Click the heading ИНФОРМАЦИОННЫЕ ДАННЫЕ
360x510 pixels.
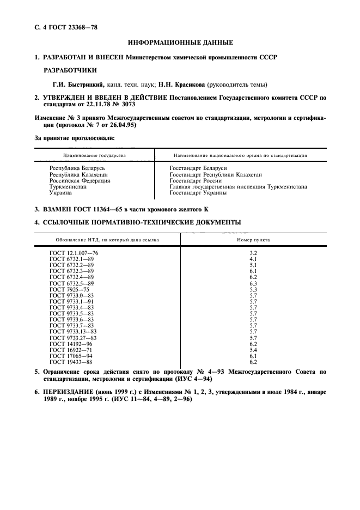pyautogui.click(x=180, y=42)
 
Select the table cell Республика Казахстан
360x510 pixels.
pyautogui.click(x=78, y=175)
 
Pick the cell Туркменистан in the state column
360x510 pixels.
pyautogui.click(x=68, y=186)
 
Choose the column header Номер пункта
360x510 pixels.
pyautogui.click(x=253, y=240)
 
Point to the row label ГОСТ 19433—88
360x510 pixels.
pyautogui.click(x=71, y=362)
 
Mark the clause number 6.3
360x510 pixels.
pyautogui.click(x=253, y=283)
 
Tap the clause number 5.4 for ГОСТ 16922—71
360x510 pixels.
pyautogui.click(x=253, y=350)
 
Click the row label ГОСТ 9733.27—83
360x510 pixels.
pyautogui.click(x=73, y=338)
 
